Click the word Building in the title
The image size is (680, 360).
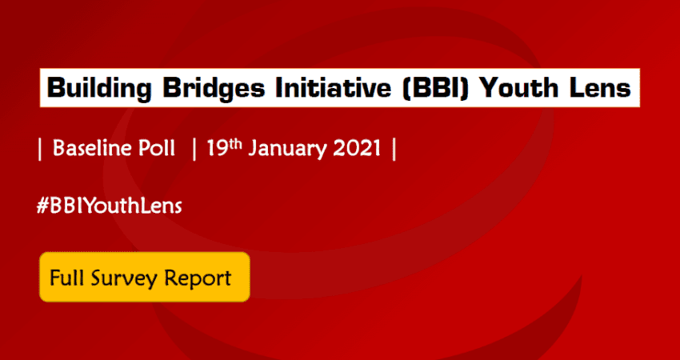click(x=99, y=89)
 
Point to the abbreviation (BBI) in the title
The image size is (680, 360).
click(x=436, y=88)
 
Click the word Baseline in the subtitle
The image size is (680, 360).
click(x=90, y=149)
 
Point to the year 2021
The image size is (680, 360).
click(x=357, y=149)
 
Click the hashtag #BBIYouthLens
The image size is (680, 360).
click(x=109, y=206)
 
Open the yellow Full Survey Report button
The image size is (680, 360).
click(x=145, y=277)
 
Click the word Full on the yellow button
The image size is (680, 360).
click(x=66, y=278)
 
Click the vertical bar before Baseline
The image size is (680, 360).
click(x=40, y=150)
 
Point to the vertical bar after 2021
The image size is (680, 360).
click(x=394, y=150)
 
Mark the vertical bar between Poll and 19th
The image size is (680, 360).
click(x=194, y=150)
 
